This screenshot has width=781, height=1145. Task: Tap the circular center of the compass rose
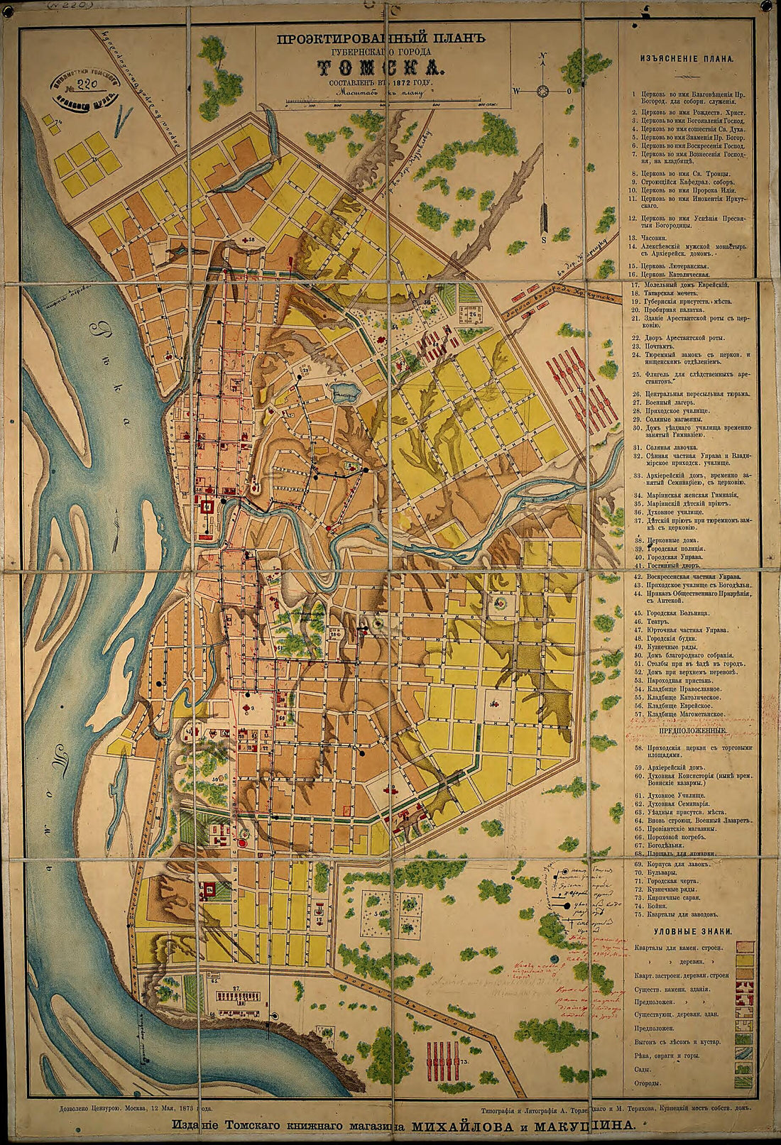point(543,90)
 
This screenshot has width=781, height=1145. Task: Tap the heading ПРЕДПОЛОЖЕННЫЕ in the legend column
point(692,730)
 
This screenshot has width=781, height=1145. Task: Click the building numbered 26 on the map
point(474,312)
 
